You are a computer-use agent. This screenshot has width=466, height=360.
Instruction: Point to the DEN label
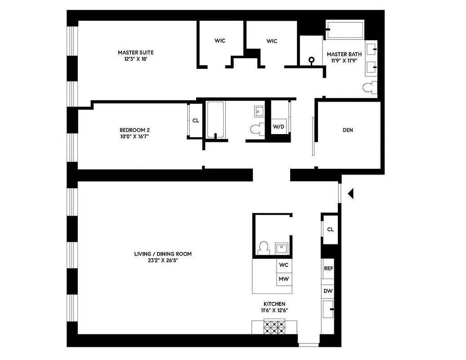(x=348, y=130)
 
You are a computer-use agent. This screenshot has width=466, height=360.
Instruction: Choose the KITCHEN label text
(x=274, y=307)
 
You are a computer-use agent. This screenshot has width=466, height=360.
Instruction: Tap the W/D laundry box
(x=279, y=127)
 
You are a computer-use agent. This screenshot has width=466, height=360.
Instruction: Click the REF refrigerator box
(x=328, y=268)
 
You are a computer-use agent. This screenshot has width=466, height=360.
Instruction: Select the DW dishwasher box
(x=328, y=291)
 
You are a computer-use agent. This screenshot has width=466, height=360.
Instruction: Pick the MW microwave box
(x=283, y=279)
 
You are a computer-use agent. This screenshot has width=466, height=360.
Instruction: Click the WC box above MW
(x=283, y=265)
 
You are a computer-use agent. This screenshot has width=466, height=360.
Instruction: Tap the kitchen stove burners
(x=274, y=326)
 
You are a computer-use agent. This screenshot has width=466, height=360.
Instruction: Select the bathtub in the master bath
(x=345, y=30)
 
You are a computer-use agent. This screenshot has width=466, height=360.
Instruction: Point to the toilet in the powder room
(x=264, y=247)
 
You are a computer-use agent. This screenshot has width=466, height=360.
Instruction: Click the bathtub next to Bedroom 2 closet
(x=215, y=119)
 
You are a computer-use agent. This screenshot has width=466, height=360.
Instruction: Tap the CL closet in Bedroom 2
(x=196, y=121)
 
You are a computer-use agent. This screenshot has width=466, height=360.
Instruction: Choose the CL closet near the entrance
(x=331, y=229)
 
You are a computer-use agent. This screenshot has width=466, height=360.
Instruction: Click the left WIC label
(x=220, y=41)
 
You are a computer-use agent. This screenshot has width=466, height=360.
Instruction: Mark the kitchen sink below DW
(x=328, y=310)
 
